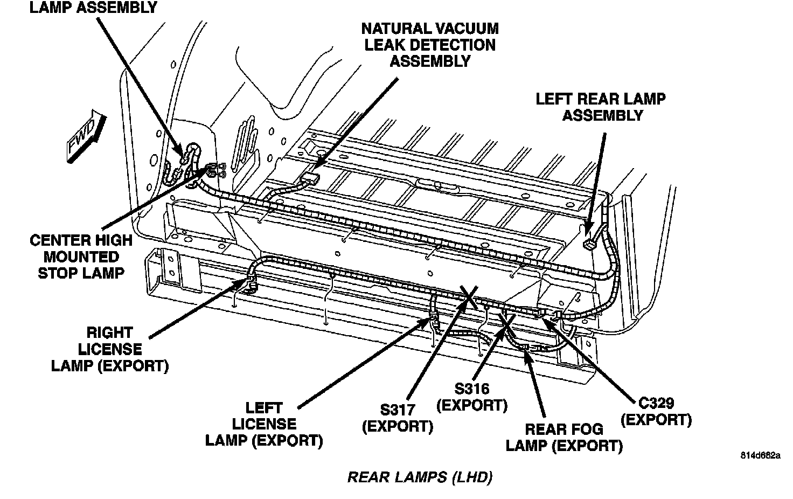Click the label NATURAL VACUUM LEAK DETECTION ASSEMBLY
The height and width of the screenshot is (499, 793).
[429, 45]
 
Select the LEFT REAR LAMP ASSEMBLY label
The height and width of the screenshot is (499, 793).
[600, 107]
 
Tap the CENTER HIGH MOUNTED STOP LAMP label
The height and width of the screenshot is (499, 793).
[81, 257]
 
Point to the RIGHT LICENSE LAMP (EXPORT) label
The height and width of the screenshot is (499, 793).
[110, 350]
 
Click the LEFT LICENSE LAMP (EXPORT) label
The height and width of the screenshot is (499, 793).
[264, 425]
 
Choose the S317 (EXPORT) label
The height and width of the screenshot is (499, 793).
[398, 418]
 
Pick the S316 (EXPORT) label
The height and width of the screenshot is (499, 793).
[472, 397]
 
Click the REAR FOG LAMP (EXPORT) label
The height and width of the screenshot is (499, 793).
[564, 438]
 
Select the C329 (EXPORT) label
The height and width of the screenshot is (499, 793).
[656, 411]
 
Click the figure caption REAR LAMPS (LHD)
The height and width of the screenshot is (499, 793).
[420, 477]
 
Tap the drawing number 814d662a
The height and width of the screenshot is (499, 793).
[760, 455]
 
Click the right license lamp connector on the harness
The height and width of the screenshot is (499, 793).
[251, 281]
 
